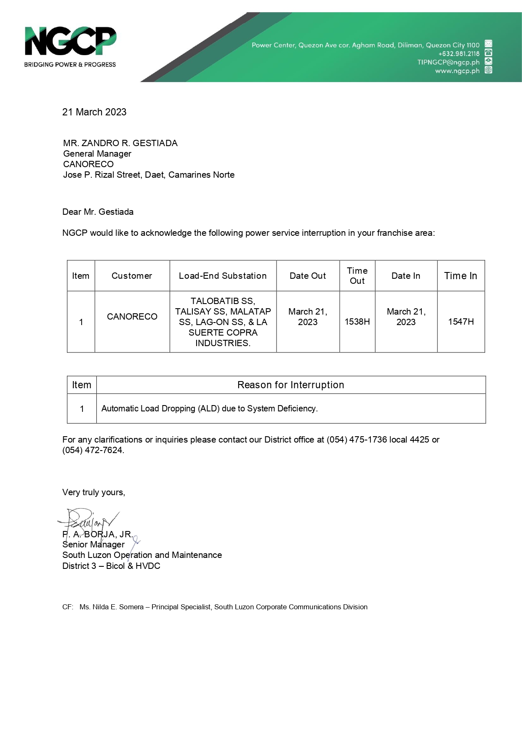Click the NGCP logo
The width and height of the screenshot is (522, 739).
pyautogui.click(x=70, y=41)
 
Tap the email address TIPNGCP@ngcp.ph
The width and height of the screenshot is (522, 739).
pyautogui.click(x=448, y=62)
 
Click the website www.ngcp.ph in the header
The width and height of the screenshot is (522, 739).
pyautogui.click(x=457, y=71)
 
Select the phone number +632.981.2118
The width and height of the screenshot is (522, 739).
pyautogui.click(x=459, y=53)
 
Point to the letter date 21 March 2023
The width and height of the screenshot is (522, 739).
pyautogui.click(x=94, y=112)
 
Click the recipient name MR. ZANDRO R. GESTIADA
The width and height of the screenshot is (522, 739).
pyautogui.click(x=120, y=143)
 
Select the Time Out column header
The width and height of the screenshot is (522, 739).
pyautogui.click(x=357, y=276)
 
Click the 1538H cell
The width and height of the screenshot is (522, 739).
pyautogui.click(x=357, y=322)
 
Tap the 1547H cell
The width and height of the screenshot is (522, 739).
pyautogui.click(x=461, y=322)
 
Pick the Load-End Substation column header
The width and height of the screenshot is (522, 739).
pyautogui.click(x=223, y=276)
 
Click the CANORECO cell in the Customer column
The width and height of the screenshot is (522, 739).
pyautogui.click(x=132, y=317)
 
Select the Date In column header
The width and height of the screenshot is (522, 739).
pyautogui.click(x=406, y=276)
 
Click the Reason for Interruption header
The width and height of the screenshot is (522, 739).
pyautogui.click(x=290, y=385)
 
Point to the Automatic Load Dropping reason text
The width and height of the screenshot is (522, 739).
pyautogui.click(x=210, y=408)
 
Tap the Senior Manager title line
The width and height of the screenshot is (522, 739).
pyautogui.click(x=93, y=544)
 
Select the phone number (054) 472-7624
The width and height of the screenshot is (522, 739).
pyautogui.click(x=93, y=450)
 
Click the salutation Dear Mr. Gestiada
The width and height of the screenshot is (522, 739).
pyautogui.click(x=98, y=212)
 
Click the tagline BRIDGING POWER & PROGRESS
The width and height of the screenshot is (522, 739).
pyautogui.click(x=70, y=64)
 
